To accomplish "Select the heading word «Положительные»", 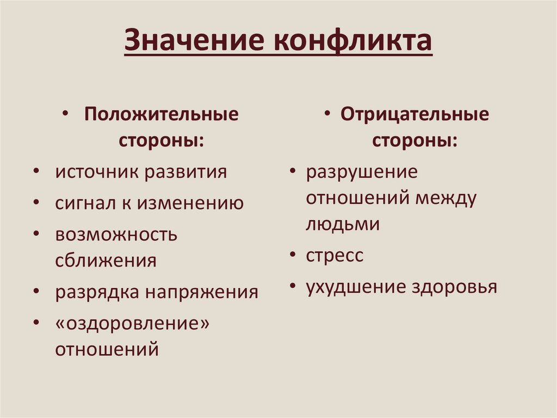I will click(x=161, y=115).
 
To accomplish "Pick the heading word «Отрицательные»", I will click(x=414, y=115).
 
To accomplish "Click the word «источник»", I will click(x=96, y=172).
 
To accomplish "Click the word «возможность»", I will click(x=116, y=235).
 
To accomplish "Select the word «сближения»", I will click(x=106, y=261).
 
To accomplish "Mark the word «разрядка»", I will click(x=96, y=292).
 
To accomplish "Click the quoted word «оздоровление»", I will click(x=132, y=324).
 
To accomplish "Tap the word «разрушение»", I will click(x=362, y=172).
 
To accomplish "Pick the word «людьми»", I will click(x=342, y=223).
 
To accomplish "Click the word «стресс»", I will click(x=334, y=255).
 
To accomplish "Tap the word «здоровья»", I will click(x=455, y=287).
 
